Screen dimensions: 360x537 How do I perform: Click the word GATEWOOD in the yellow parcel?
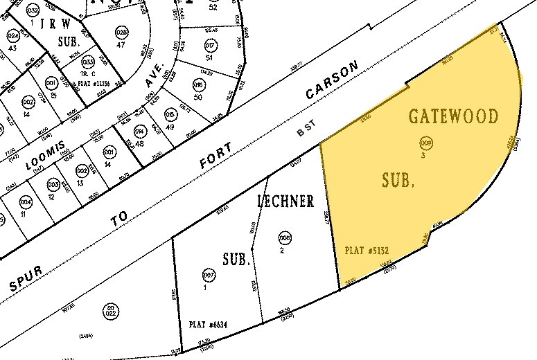pos(464,116)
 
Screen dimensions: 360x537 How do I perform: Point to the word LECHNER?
pos(285,201)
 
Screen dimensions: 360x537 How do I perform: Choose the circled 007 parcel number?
pos(206,274)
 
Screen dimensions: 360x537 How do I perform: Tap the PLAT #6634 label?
pos(209,323)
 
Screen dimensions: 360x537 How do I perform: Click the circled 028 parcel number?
pos(121,33)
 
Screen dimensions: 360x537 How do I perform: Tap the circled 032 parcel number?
pos(32,11)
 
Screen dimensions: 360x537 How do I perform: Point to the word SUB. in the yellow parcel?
pos(398,181)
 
